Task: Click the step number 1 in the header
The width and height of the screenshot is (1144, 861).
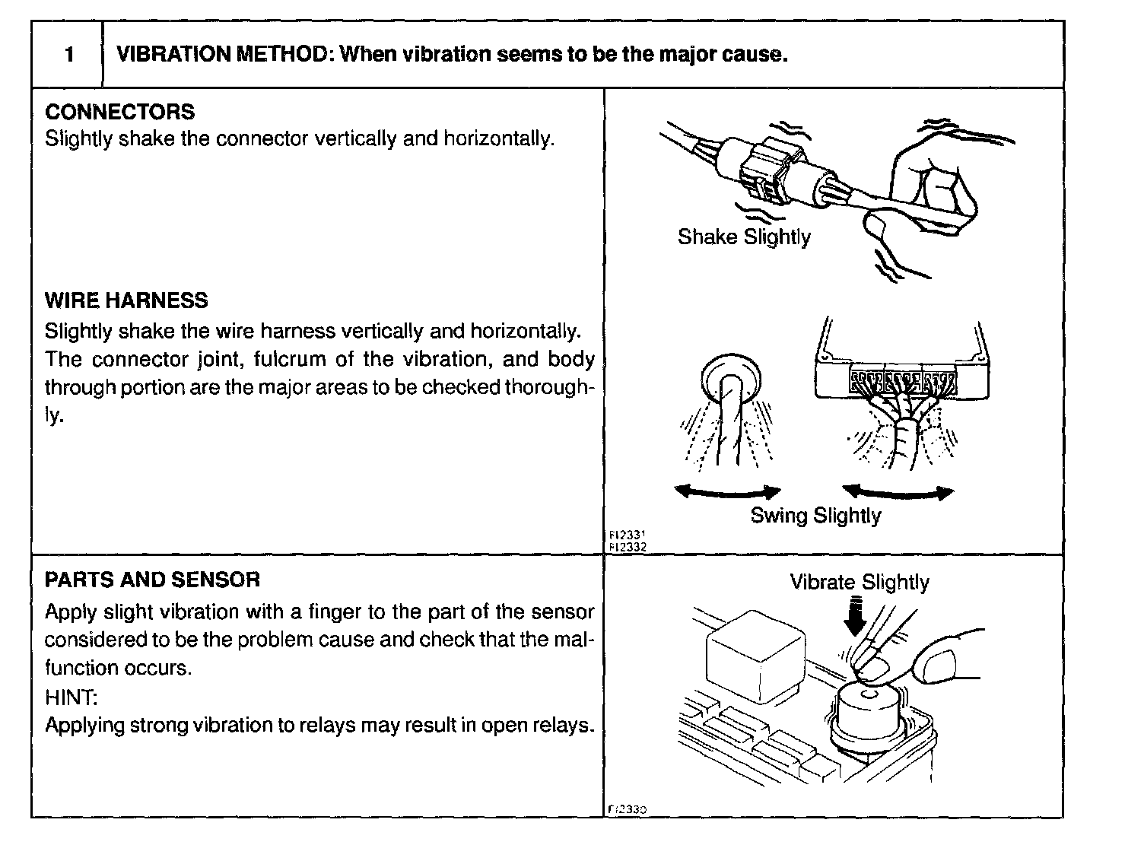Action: click(x=69, y=55)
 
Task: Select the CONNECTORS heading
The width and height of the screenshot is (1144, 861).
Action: click(x=119, y=112)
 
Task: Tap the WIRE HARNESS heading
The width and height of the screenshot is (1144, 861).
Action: click(x=126, y=300)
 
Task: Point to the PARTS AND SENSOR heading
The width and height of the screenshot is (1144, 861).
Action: click(x=152, y=580)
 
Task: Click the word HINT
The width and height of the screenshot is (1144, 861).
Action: click(x=71, y=697)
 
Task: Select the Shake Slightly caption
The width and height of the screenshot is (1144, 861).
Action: click(x=743, y=237)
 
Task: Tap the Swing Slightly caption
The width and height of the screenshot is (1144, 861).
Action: click(x=815, y=515)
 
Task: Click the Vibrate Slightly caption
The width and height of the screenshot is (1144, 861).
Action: click(x=859, y=582)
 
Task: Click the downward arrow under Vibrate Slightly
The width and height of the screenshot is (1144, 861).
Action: click(x=856, y=615)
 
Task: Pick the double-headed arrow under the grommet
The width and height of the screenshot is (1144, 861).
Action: click(x=727, y=492)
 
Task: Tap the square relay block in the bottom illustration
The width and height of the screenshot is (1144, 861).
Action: click(x=755, y=654)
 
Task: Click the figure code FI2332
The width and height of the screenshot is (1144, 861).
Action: click(x=628, y=546)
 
